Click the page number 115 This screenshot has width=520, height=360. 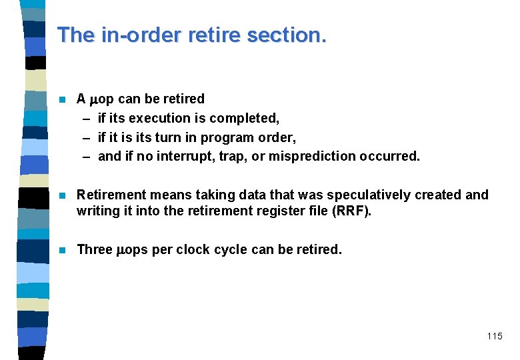495,336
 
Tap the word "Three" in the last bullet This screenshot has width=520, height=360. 95,250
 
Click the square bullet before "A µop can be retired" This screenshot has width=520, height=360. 62,99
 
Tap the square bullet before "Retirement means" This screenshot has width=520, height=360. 62,195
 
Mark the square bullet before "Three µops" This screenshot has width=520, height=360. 62,251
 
